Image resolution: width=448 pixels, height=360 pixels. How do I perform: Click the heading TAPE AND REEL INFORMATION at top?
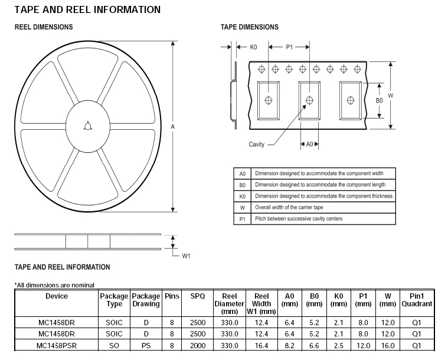coord(87,9)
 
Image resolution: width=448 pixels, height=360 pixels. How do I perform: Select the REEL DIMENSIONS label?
coord(44,27)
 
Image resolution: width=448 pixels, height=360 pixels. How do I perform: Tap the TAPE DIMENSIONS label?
coord(250,27)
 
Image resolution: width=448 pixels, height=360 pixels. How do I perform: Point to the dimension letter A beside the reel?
coord(173,127)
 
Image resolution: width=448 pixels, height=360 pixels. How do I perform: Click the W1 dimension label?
coord(186,256)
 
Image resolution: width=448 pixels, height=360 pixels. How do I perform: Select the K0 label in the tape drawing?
coord(253,47)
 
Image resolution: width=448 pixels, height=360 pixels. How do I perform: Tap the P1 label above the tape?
coord(289,47)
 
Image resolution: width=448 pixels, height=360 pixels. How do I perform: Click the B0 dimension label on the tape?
coord(380,100)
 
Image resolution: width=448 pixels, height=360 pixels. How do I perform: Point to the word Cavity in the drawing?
coord(257,145)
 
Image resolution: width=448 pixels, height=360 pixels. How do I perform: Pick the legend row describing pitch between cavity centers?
coord(298,219)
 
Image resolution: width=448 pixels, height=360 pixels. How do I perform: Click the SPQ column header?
coord(198,296)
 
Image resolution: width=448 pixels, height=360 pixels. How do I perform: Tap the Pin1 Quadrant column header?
coord(417,300)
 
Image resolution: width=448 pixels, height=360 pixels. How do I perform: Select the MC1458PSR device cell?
coord(56,345)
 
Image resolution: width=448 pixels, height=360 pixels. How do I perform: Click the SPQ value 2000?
coord(198,345)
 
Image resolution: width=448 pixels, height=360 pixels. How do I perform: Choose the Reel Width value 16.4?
coord(261,345)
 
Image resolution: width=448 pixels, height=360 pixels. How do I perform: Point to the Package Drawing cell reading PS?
coord(146,345)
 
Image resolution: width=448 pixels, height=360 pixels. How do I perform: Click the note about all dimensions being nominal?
coord(54,285)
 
